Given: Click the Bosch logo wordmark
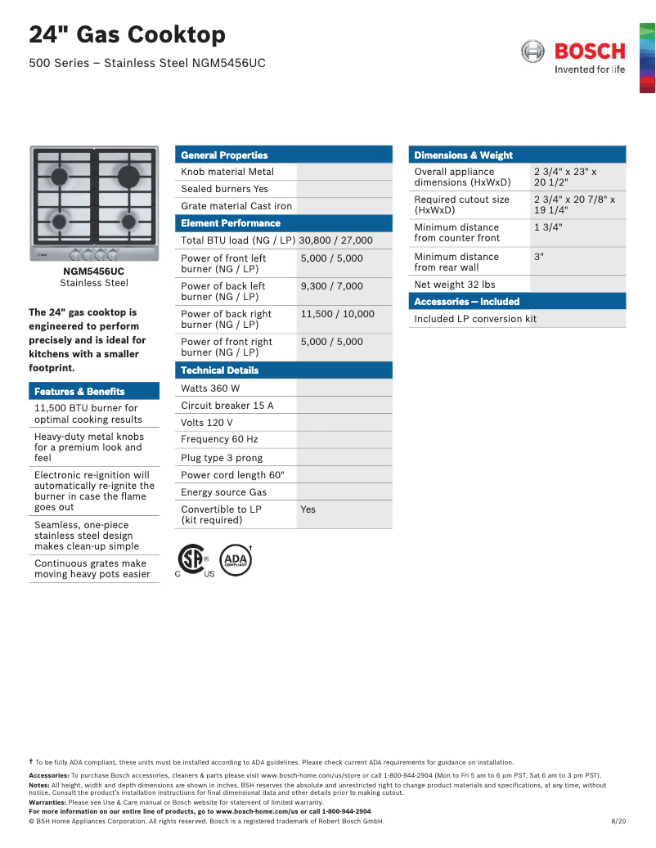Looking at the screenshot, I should point(589,52).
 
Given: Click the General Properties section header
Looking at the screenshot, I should point(224,155).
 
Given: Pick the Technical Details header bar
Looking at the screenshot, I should point(219,370).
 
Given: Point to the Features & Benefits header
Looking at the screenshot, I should point(79,392).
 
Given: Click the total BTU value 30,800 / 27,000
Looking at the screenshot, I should point(335,240).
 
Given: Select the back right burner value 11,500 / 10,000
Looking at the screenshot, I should point(338,314).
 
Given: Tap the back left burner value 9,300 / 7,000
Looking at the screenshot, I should point(332,286).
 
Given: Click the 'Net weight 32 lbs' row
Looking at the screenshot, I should point(455,285).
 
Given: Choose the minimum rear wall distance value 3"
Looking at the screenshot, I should point(539,257).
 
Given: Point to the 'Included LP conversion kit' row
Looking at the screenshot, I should point(475,319).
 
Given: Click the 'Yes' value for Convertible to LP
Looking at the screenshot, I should point(308,509).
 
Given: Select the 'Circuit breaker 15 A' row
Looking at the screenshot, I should point(227,406).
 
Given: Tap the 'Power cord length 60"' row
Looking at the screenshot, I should point(232,475).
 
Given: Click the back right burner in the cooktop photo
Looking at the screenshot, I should point(127,175).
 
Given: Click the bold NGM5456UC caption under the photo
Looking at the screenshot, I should point(94,271).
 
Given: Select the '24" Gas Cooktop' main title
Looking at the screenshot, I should point(128,35).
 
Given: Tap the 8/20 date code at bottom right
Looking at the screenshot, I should point(618,821).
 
